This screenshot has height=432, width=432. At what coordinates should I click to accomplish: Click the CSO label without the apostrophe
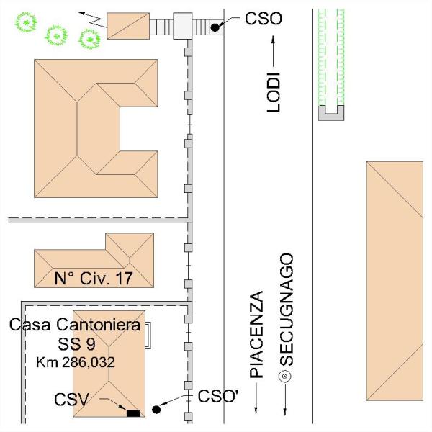[x=264, y=19]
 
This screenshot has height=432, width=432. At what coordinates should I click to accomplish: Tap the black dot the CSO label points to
[x=215, y=27]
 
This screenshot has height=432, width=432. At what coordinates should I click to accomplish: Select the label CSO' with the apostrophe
[x=218, y=396]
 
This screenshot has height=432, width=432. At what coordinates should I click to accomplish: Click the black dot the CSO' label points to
[x=156, y=410]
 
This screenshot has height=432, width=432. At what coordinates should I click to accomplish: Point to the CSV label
[x=72, y=399]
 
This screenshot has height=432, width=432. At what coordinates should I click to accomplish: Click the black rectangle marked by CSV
[x=133, y=413]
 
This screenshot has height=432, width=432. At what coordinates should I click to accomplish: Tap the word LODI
[x=274, y=92]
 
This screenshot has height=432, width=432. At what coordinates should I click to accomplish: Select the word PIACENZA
[x=256, y=334]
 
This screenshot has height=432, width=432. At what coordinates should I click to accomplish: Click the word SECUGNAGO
[x=287, y=310]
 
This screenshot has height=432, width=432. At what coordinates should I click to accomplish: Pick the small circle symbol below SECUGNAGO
[x=285, y=376]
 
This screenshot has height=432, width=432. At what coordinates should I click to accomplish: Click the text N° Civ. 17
[x=94, y=278]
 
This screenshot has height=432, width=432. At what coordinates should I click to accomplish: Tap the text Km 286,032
[x=75, y=362]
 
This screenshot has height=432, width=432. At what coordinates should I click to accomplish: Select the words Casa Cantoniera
[x=75, y=325]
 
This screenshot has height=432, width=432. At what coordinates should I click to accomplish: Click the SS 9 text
[x=76, y=344]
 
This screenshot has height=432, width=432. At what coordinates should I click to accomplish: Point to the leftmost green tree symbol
[x=26, y=22]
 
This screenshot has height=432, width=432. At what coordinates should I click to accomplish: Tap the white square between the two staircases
[x=182, y=26]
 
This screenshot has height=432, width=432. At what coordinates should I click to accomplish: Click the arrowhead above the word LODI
[x=273, y=40]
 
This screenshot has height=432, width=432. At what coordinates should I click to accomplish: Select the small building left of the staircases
[x=128, y=26]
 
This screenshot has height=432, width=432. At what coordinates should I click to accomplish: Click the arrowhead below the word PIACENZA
[x=256, y=410]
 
